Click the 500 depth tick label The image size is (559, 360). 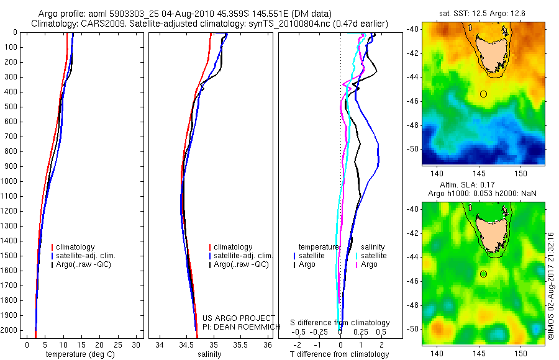[x=11, y=107]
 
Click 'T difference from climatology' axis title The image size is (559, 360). [x=340, y=354]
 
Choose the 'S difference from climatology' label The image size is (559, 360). [x=340, y=323]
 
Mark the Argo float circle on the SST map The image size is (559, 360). [x=483, y=94]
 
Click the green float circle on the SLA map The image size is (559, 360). [x=483, y=274]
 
